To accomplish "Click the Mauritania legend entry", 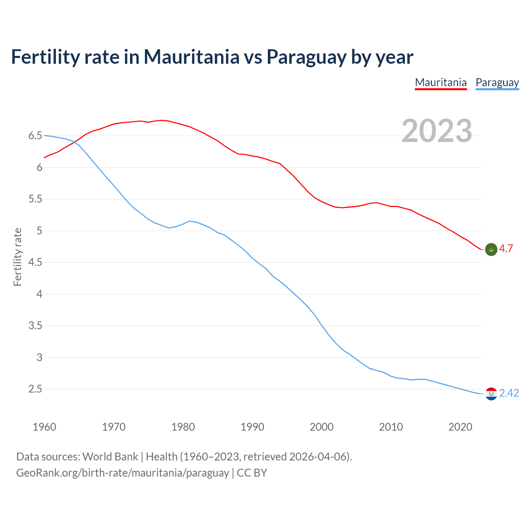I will [441, 82].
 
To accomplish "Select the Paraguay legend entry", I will [497, 82].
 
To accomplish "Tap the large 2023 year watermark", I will [436, 131].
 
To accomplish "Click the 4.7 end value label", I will [506, 248].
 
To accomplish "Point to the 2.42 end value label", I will [509, 393].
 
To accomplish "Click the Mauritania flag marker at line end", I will [491, 249].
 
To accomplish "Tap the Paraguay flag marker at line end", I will [491, 394].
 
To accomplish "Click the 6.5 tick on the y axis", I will [35, 136].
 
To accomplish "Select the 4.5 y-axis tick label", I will [35, 263].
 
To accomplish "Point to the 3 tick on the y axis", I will [39, 357].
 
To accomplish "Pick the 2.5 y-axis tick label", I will [35, 389].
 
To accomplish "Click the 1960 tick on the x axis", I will [44, 427].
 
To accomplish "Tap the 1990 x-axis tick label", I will [252, 427].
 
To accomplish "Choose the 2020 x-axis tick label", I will [460, 427].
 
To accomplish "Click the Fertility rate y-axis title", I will [17, 257].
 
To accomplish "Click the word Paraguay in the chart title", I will [306, 57].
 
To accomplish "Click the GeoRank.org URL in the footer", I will [123, 472].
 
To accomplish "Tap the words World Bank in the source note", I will [110, 457].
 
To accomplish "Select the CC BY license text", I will [252, 472].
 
